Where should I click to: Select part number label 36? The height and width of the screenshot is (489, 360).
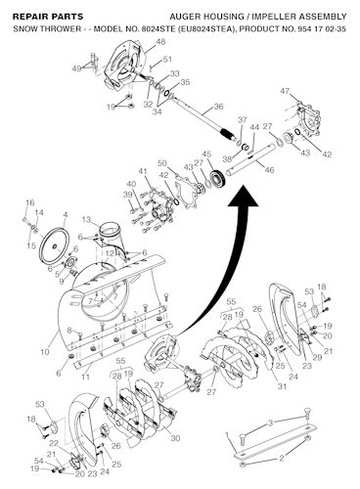[x=217, y=107]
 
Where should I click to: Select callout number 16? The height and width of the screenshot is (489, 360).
[x=29, y=202]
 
